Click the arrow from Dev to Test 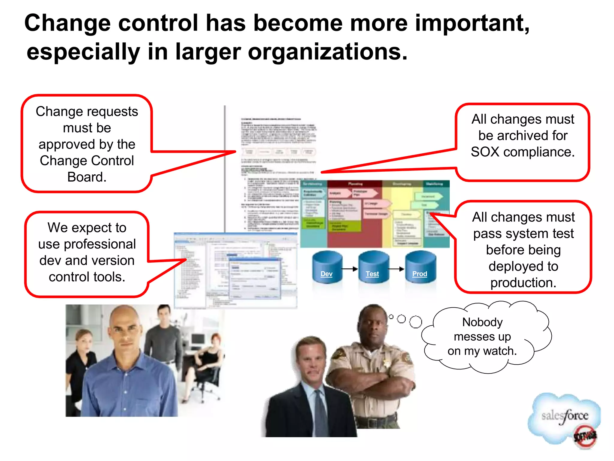pos(350,269)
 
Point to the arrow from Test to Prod pos(396,269)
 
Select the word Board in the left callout pos(87,177)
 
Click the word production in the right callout pos(523,283)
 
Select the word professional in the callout pos(100,244)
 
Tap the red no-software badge pos(585,436)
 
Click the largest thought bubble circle pos(416,322)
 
